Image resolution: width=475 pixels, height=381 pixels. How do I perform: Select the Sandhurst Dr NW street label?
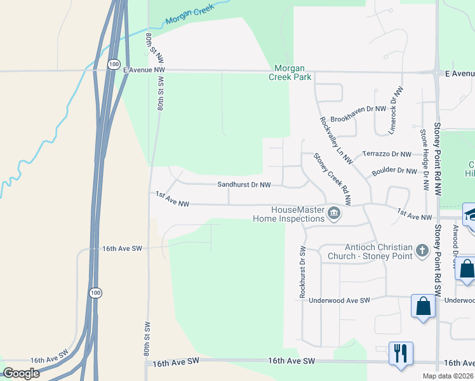pyautogui.click(x=244, y=185)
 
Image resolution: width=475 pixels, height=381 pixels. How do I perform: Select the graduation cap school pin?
pyautogui.click(x=471, y=215)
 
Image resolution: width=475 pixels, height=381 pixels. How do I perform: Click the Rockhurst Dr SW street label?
pyautogui.click(x=302, y=272)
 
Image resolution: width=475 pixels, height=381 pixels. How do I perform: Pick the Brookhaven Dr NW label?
pyautogui.click(x=359, y=109)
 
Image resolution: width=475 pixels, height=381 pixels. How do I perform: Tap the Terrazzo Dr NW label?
pyautogui.click(x=387, y=154)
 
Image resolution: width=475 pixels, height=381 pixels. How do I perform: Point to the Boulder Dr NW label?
pyautogui.click(x=394, y=170)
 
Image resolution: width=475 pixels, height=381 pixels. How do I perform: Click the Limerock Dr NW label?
pyautogui.click(x=396, y=110)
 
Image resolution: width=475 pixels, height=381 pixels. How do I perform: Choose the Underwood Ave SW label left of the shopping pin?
pyautogui.click(x=338, y=300)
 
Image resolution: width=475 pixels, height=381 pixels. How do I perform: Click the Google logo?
pyautogui.click(x=21, y=373)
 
